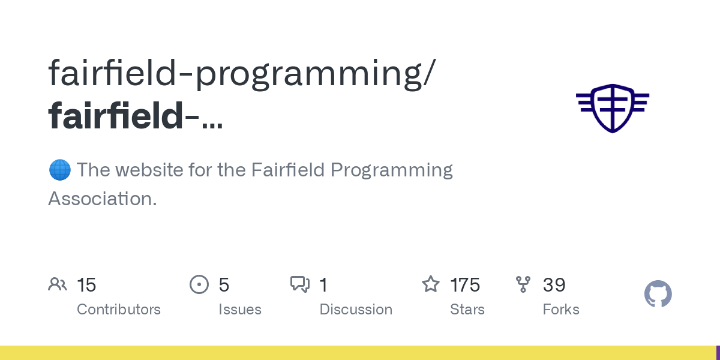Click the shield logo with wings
point(613,108)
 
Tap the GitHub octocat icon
point(658,294)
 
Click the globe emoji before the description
point(59,170)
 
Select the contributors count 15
point(86,285)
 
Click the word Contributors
point(119,310)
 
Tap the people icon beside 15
point(58,284)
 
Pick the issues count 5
point(224,285)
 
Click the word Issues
point(240,310)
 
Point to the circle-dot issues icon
point(199,284)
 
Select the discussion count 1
point(323,285)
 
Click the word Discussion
point(356,310)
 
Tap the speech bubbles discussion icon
point(300,284)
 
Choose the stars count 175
point(465,285)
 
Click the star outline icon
point(431,284)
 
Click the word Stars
point(467,310)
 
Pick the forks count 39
point(554,285)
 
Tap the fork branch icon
point(523,284)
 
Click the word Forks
point(561,310)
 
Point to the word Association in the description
point(102,199)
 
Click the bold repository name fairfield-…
point(136,116)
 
